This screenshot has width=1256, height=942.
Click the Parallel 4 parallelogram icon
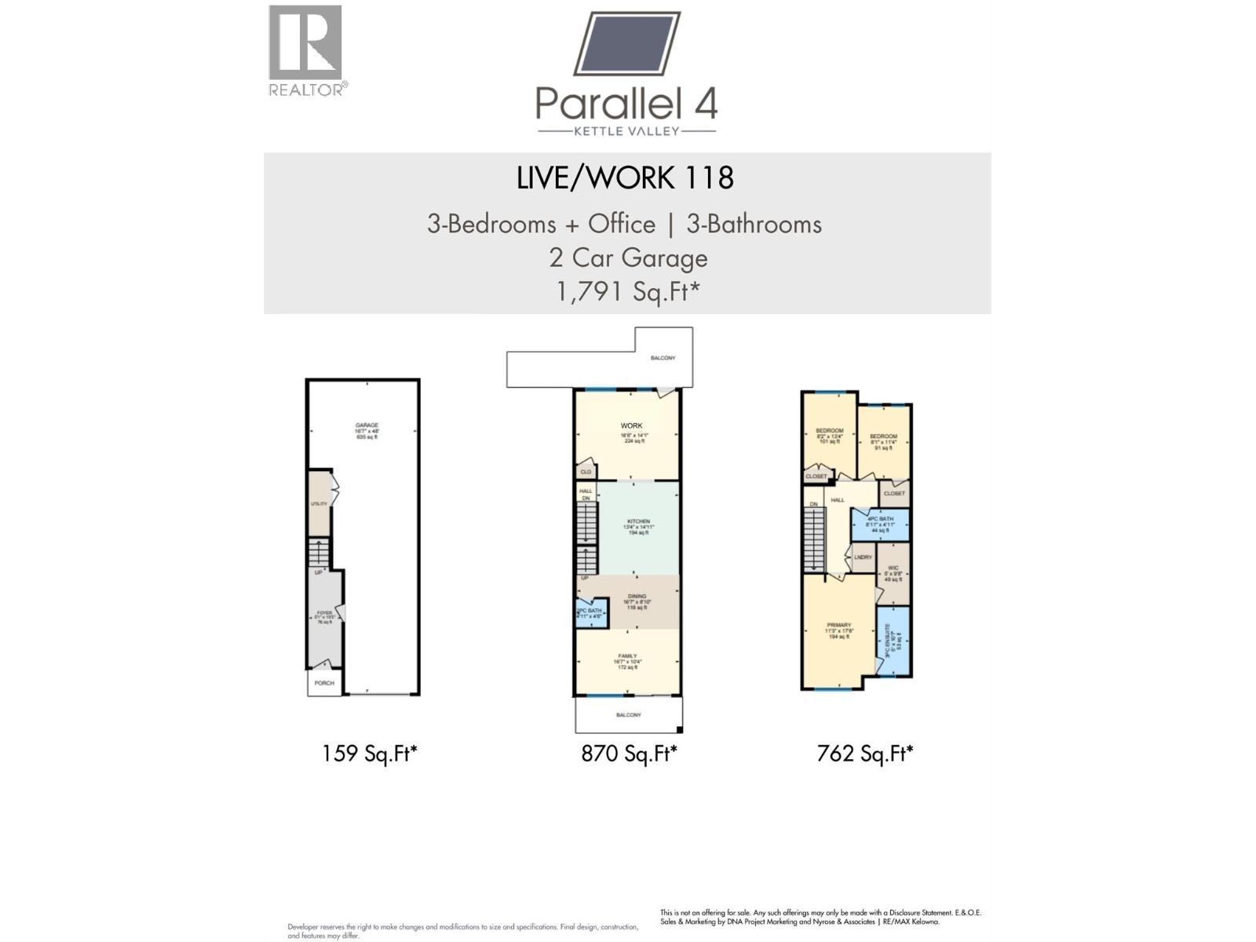tap(626, 44)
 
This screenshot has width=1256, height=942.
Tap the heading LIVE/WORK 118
tap(625, 178)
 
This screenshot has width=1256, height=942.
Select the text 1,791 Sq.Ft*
tap(627, 291)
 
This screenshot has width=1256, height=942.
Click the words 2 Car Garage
tap(627, 257)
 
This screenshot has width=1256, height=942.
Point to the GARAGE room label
tap(367, 425)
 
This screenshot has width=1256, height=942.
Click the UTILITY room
tap(319, 503)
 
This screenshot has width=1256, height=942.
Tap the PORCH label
tap(324, 683)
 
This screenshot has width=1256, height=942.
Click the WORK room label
tap(631, 425)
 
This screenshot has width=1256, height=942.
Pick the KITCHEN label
tap(638, 522)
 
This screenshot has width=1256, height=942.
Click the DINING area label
tap(637, 597)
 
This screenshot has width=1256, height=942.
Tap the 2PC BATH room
tap(590, 612)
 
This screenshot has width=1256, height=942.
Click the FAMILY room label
tap(627, 656)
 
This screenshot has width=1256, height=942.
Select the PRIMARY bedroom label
tap(838, 626)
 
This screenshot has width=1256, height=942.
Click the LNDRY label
tap(863, 557)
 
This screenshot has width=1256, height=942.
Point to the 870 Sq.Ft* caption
tap(629, 754)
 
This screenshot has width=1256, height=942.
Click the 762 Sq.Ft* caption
tap(865, 754)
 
